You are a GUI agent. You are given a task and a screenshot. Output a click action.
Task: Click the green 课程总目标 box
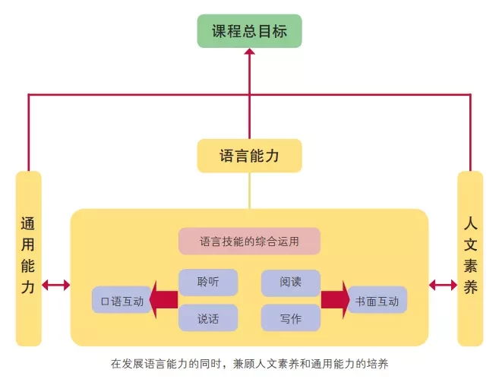249,31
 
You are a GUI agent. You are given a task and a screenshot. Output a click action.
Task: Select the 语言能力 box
249,156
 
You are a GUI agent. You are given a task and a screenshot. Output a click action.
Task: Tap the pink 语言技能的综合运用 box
249,242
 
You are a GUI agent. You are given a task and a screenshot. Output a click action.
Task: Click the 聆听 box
208,283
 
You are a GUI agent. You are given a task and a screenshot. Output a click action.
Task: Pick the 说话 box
208,318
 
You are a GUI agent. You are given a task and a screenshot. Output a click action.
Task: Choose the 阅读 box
291,283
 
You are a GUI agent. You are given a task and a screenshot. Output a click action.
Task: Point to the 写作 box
291,318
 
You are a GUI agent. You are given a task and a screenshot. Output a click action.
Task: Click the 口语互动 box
122,300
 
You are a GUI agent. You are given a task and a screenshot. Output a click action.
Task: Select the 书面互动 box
377,300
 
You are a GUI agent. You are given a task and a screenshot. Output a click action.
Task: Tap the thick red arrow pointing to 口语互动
163,300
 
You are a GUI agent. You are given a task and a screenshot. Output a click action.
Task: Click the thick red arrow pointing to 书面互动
335,300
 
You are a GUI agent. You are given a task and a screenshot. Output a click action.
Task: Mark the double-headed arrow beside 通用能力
56,285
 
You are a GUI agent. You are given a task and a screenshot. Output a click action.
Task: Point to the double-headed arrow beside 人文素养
443,285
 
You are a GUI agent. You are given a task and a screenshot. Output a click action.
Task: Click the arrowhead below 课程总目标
249,51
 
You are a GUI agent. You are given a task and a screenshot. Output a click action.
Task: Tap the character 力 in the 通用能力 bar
28,287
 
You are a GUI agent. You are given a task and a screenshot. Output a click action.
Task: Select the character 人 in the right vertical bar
470,224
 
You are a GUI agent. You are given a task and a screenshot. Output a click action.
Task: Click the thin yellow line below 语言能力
249,191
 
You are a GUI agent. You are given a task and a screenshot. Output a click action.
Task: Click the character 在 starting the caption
116,363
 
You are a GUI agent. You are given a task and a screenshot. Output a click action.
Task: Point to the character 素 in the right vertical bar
470,266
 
